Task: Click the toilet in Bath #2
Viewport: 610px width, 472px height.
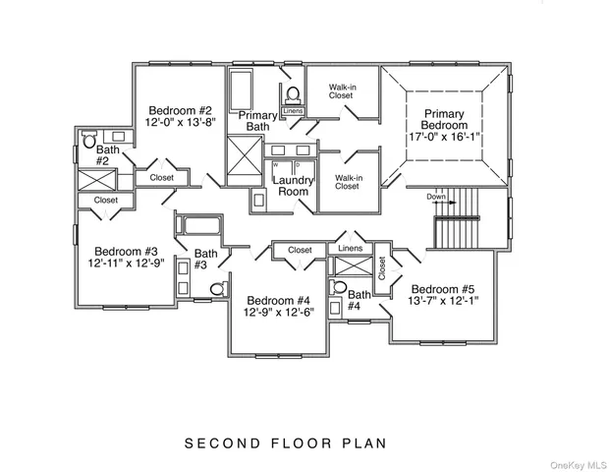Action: click(89, 139)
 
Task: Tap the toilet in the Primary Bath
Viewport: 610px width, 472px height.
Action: click(293, 94)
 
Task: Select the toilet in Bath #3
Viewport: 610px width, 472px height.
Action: click(218, 288)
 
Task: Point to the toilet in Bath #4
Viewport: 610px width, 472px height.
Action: click(339, 287)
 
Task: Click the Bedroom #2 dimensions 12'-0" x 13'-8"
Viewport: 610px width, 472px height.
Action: click(180, 122)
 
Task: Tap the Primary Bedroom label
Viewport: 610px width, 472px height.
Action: click(444, 120)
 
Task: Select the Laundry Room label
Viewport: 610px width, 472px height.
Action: click(293, 186)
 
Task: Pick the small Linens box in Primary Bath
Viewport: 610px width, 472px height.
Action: click(293, 111)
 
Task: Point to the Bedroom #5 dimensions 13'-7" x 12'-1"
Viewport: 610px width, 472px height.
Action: click(443, 301)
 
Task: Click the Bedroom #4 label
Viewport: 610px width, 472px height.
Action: click(279, 301)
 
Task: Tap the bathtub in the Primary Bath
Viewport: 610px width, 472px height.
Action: click(241, 89)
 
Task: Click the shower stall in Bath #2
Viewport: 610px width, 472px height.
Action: click(97, 180)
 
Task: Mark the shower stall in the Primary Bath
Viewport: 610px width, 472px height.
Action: click(245, 161)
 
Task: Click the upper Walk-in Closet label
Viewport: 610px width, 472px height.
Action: click(342, 91)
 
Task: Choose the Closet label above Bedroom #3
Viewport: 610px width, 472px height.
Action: click(106, 200)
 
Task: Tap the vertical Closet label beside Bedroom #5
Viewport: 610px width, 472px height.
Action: click(382, 267)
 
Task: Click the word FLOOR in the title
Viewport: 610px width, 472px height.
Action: click(302, 443)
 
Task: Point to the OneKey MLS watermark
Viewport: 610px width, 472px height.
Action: click(579, 465)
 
